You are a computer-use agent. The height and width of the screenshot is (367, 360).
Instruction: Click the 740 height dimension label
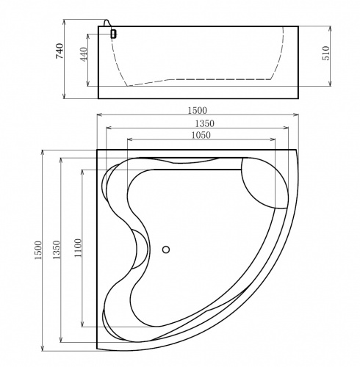[x=60, y=51]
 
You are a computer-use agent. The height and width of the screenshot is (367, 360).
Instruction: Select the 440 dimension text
[x=84, y=54]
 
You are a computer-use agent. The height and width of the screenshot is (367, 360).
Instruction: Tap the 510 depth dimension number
[x=327, y=53]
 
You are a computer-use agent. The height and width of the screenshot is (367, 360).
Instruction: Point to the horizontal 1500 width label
[x=198, y=111]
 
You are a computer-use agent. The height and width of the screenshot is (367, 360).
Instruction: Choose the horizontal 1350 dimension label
[x=204, y=123]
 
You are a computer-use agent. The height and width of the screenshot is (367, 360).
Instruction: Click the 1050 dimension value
[x=201, y=135]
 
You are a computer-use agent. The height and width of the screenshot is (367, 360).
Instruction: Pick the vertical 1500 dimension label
[x=38, y=250]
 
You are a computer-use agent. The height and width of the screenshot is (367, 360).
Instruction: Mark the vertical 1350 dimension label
[x=57, y=250]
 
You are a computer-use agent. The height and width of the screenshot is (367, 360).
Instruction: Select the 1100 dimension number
[x=78, y=247]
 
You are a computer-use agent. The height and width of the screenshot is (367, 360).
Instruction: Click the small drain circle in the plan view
[x=166, y=250]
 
